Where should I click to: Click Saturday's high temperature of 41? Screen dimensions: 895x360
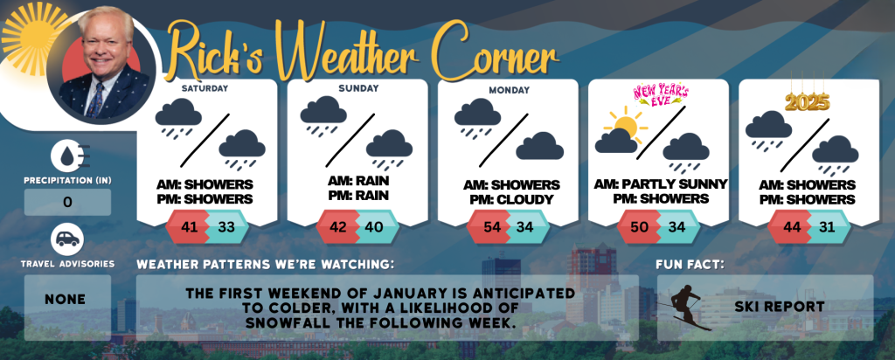tap(189, 227)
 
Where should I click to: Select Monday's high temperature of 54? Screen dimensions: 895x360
tap(491, 227)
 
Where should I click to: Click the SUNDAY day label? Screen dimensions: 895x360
tap(357, 88)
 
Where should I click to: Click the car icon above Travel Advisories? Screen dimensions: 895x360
tap(67, 239)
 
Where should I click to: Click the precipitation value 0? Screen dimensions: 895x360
tap(67, 203)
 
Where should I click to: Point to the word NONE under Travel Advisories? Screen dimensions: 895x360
tap(65, 299)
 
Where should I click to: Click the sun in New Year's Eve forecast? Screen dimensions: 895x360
tap(626, 125)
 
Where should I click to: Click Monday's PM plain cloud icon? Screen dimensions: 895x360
tap(540, 146)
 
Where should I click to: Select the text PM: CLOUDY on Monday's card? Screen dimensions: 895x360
tap(511, 200)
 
